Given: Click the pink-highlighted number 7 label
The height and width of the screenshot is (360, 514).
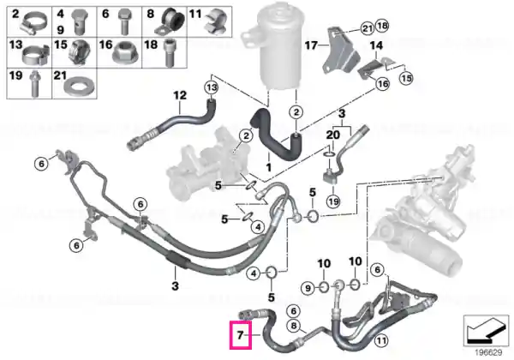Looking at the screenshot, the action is (x=241, y=335).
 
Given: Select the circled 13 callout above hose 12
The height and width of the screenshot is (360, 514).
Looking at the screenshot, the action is (x=212, y=87).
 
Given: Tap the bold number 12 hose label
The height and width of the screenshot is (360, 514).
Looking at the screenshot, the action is (x=180, y=95).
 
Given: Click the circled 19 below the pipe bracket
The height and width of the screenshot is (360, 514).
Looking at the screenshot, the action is (x=333, y=201).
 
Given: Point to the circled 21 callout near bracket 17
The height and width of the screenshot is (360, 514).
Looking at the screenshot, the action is (x=368, y=28).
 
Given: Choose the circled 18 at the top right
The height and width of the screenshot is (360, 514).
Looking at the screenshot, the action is (x=382, y=25).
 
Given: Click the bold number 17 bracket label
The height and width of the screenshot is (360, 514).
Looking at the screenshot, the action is (x=312, y=45).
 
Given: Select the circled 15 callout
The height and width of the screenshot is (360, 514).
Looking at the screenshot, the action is (x=406, y=78).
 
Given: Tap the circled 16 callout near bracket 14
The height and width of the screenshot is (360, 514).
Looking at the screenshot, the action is (x=383, y=84).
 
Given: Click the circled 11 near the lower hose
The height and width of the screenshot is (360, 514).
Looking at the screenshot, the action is (x=380, y=340).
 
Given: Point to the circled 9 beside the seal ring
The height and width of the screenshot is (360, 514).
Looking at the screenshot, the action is (x=308, y=288).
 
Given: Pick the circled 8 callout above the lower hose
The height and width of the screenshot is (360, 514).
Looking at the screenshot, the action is (x=293, y=326).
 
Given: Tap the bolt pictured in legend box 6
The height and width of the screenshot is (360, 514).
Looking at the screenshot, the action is (x=123, y=21).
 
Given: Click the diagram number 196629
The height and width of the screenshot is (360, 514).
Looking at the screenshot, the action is (x=488, y=353).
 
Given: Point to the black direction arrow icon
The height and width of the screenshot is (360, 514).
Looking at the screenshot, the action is (x=486, y=329).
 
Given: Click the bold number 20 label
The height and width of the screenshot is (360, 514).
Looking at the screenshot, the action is (x=333, y=135).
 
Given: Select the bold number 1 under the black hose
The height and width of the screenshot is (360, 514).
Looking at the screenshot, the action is (x=269, y=167).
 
